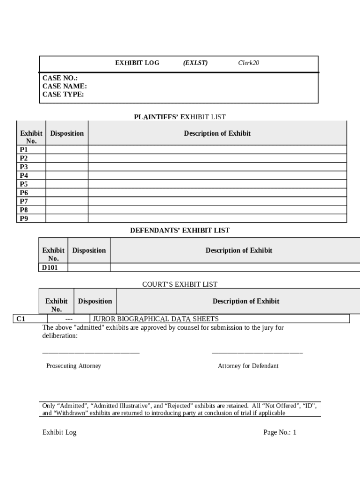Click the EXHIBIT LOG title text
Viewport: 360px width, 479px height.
click(x=137, y=63)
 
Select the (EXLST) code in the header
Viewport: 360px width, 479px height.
click(x=195, y=63)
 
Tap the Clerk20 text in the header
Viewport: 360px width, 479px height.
click(x=248, y=63)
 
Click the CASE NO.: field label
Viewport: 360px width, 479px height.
click(x=60, y=78)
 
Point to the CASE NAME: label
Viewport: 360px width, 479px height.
click(x=65, y=86)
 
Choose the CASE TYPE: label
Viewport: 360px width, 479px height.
click(x=63, y=94)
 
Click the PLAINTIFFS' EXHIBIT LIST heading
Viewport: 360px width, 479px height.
click(x=180, y=117)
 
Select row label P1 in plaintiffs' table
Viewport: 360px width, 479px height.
click(x=24, y=150)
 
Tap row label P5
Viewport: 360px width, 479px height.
click(x=24, y=184)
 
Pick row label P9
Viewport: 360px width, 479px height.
click(x=24, y=218)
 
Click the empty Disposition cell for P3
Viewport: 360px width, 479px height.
click(x=66, y=167)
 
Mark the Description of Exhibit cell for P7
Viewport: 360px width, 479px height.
click(x=217, y=201)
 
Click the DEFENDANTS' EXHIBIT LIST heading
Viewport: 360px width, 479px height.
click(x=180, y=230)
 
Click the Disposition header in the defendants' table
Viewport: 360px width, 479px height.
click(x=89, y=250)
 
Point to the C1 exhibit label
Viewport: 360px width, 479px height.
click(x=21, y=319)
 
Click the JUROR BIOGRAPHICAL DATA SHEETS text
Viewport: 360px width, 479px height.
click(x=156, y=319)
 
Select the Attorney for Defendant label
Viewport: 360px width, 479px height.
click(x=248, y=366)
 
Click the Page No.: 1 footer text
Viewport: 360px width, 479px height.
click(x=280, y=432)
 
